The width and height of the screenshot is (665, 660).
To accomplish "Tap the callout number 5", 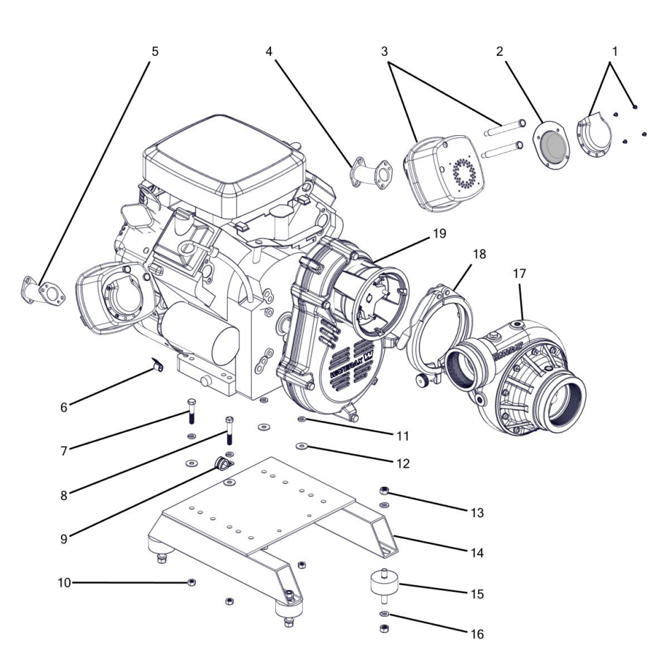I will point(155,52).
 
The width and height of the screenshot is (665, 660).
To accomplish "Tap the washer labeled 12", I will point(301,446).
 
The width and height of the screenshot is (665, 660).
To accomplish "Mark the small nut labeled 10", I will point(191,582).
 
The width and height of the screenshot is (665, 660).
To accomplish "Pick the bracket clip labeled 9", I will point(221,465).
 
